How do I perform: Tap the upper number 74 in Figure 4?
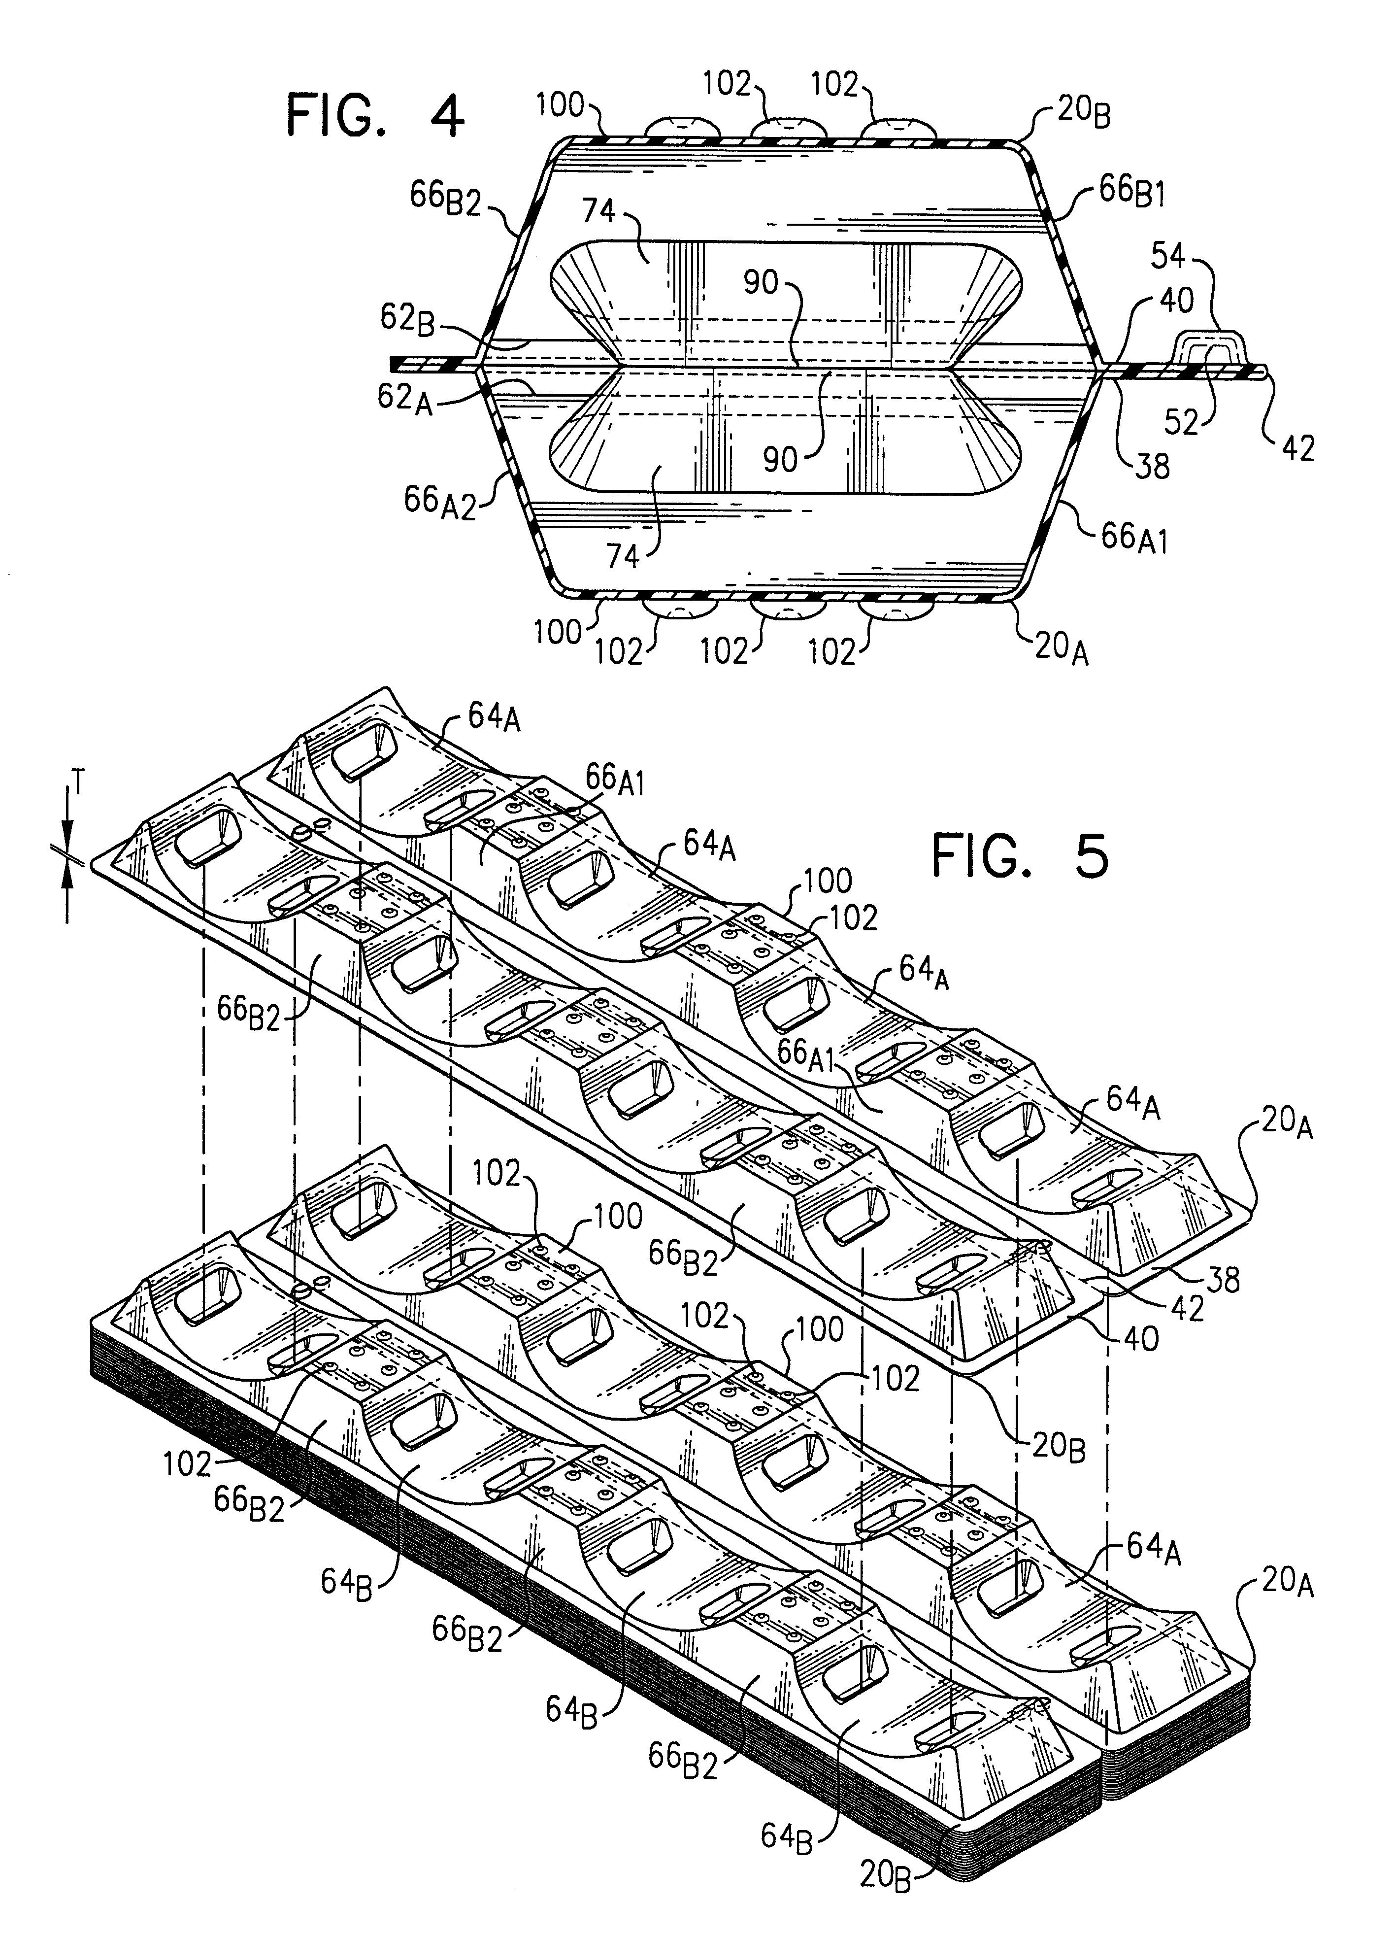[x=599, y=211]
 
